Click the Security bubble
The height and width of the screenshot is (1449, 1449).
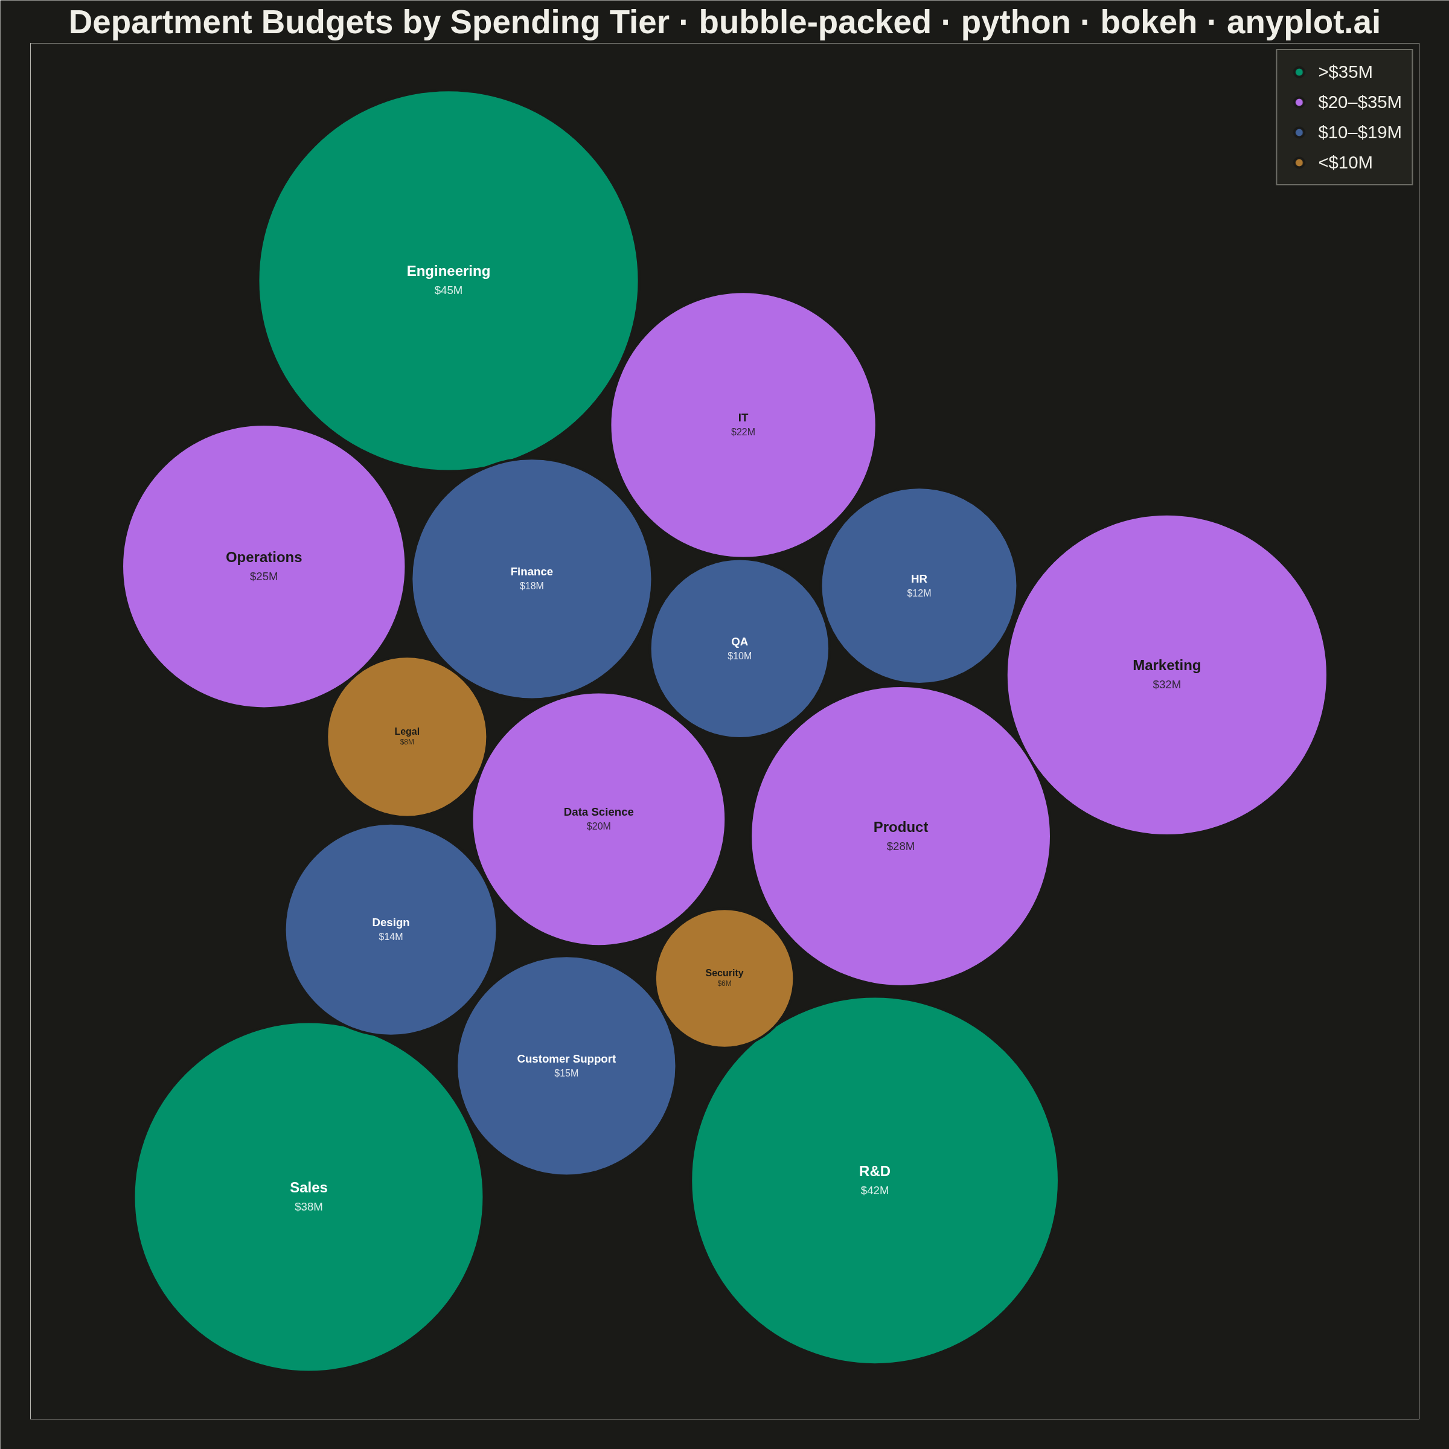[x=724, y=978]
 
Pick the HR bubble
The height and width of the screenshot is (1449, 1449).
[x=919, y=586]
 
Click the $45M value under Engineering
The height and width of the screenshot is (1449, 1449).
[x=449, y=290]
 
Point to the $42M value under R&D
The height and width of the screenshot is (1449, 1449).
[x=874, y=1190]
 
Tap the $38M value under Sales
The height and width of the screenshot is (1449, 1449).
[x=309, y=1207]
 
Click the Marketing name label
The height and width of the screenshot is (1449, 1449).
[x=1166, y=665]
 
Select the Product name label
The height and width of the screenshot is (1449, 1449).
[x=900, y=827]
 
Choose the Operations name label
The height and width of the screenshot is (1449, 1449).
[x=263, y=557]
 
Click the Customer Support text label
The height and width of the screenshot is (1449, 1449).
[x=566, y=1059]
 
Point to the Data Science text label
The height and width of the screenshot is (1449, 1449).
[x=598, y=812]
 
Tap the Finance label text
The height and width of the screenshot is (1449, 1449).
[x=532, y=572]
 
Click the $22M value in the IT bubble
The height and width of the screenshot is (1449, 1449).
[x=743, y=432]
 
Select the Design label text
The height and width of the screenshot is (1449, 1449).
[x=391, y=923]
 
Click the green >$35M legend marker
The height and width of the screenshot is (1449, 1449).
[x=1299, y=72]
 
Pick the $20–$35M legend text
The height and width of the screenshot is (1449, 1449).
[x=1360, y=102]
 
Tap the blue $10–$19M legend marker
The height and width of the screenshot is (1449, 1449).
[x=1299, y=133]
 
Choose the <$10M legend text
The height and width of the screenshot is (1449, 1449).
[x=1346, y=163]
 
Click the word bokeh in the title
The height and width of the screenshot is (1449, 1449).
[x=1148, y=22]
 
